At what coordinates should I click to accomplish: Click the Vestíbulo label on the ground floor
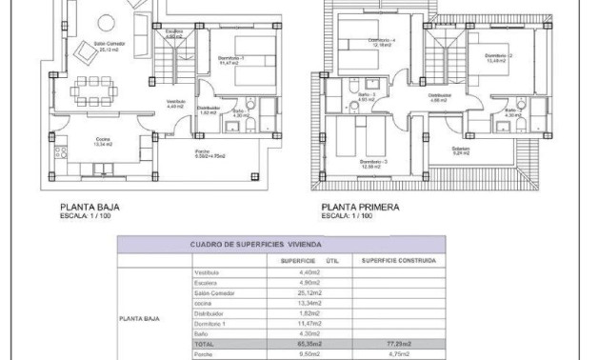click(x=176, y=103)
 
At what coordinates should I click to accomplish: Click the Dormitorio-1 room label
click(x=230, y=59)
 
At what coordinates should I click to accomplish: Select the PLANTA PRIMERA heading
click(x=360, y=205)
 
